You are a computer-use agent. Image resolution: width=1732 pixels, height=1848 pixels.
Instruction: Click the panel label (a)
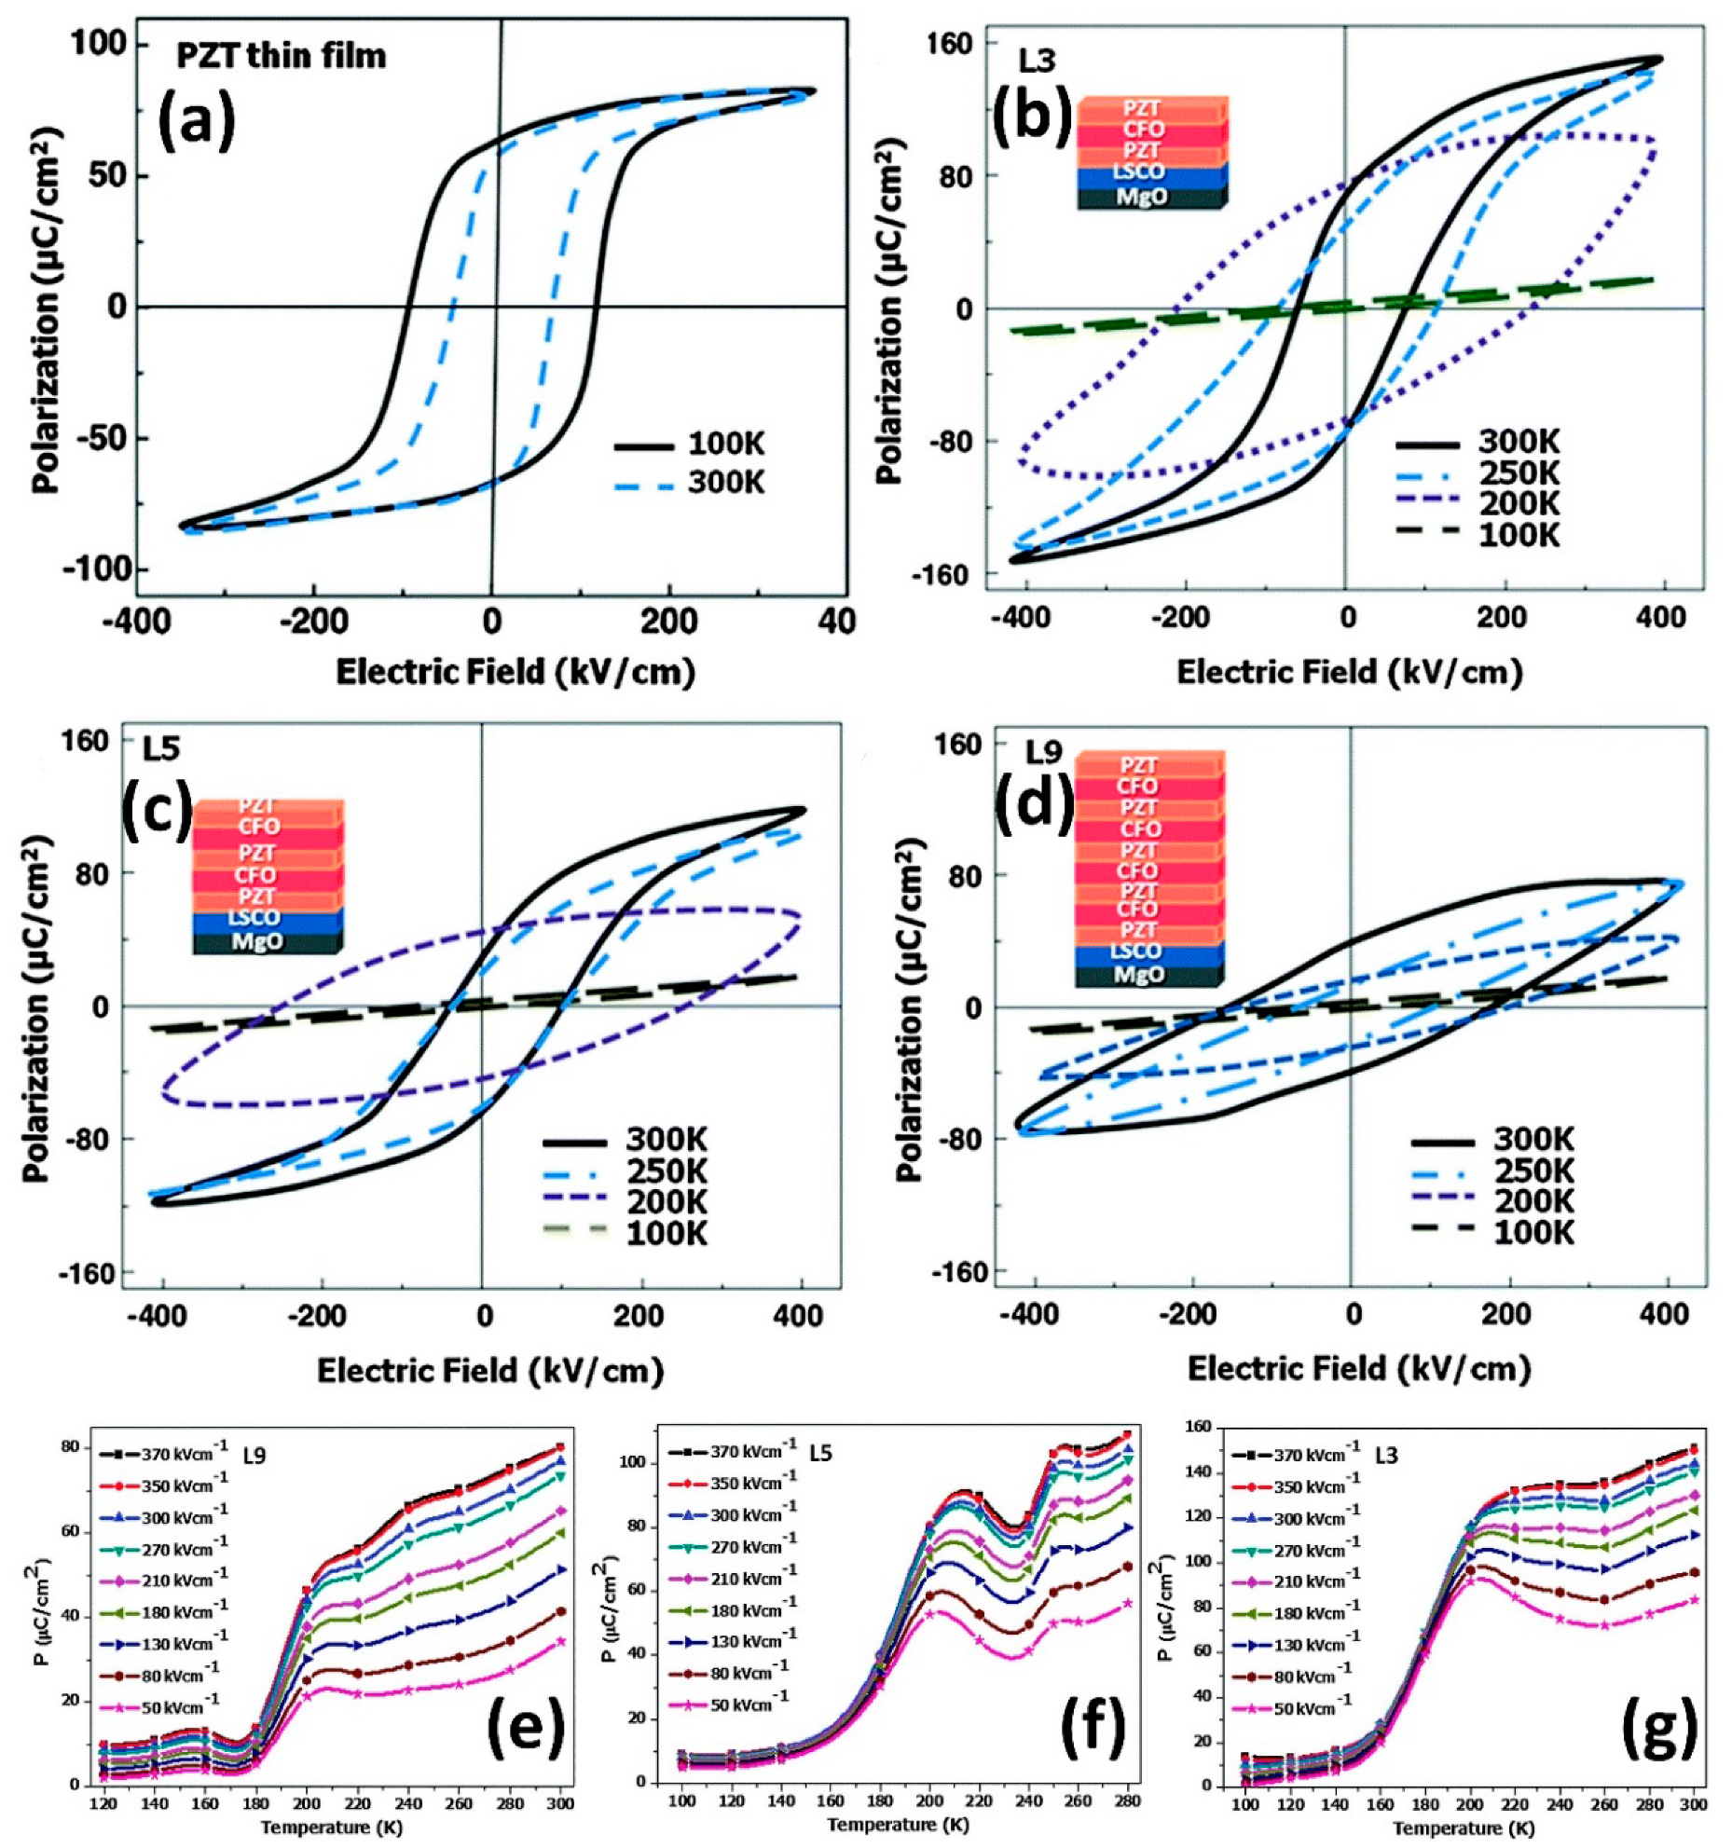point(196,121)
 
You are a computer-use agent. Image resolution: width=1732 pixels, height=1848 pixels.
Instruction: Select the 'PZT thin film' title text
point(282,56)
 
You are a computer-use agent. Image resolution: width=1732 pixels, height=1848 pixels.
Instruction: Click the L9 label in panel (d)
point(1045,751)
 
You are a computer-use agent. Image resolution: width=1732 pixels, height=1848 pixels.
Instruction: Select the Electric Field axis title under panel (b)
point(1349,672)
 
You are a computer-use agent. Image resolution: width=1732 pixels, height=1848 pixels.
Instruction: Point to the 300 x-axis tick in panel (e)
point(560,1802)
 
